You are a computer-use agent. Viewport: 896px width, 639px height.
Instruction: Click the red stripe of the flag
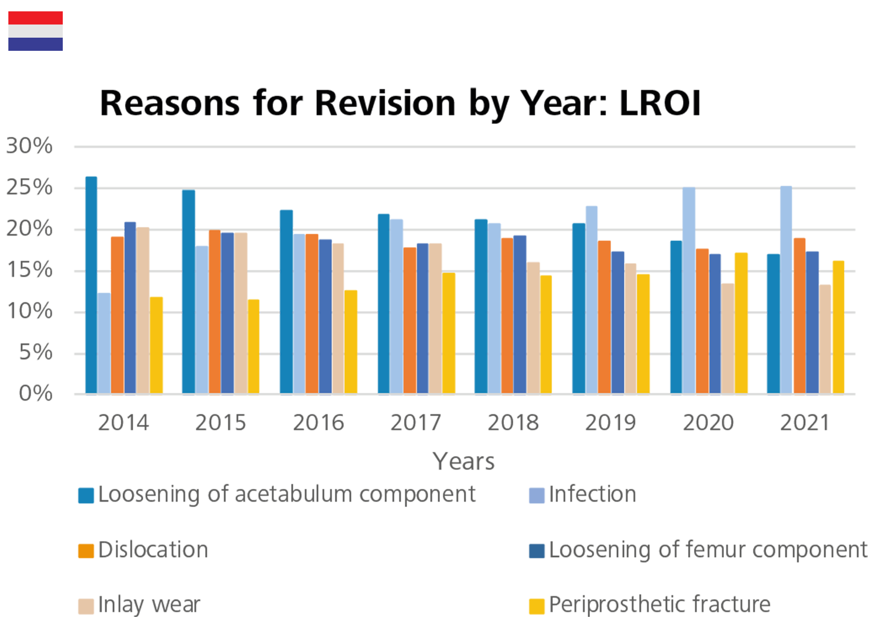click(35, 18)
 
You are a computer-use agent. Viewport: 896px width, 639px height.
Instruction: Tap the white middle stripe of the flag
click(35, 31)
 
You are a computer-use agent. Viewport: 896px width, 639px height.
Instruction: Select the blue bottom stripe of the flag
click(35, 44)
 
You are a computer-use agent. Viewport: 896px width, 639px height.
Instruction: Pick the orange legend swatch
click(51, 551)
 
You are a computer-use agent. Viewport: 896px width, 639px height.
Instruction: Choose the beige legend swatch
click(51, 597)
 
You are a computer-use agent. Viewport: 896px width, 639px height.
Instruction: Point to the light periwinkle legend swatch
click(525, 502)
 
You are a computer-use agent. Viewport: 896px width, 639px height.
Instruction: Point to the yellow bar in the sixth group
click(648, 335)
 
